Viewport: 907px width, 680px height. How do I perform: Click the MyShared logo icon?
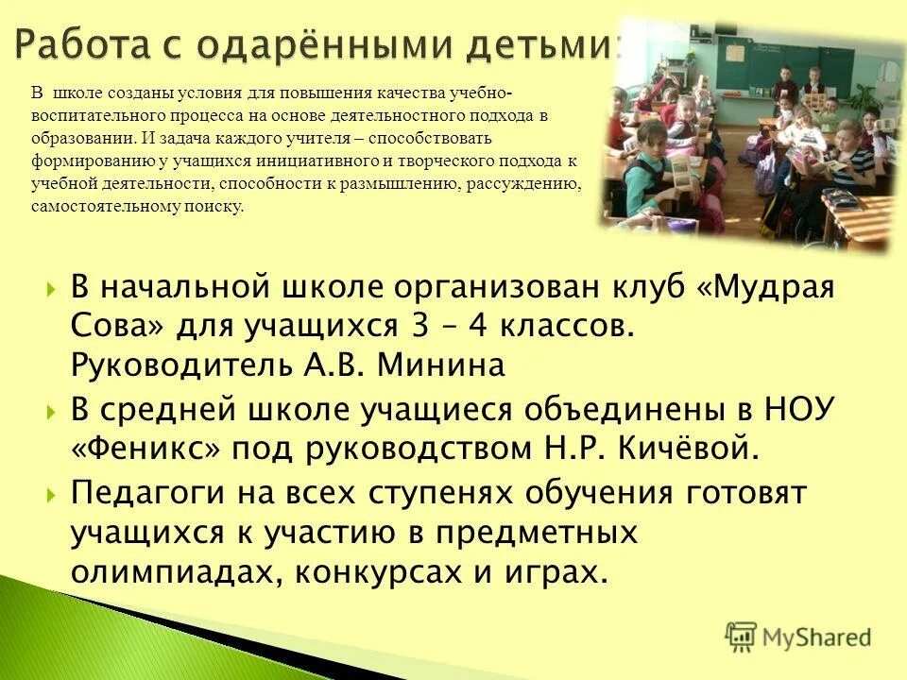pos(741,637)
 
